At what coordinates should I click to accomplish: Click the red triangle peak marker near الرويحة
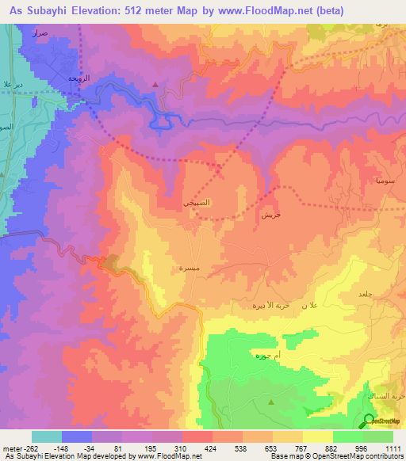tap(155, 85)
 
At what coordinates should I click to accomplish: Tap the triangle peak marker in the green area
tap(271, 402)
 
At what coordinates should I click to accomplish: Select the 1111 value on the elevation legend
tap(392, 448)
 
